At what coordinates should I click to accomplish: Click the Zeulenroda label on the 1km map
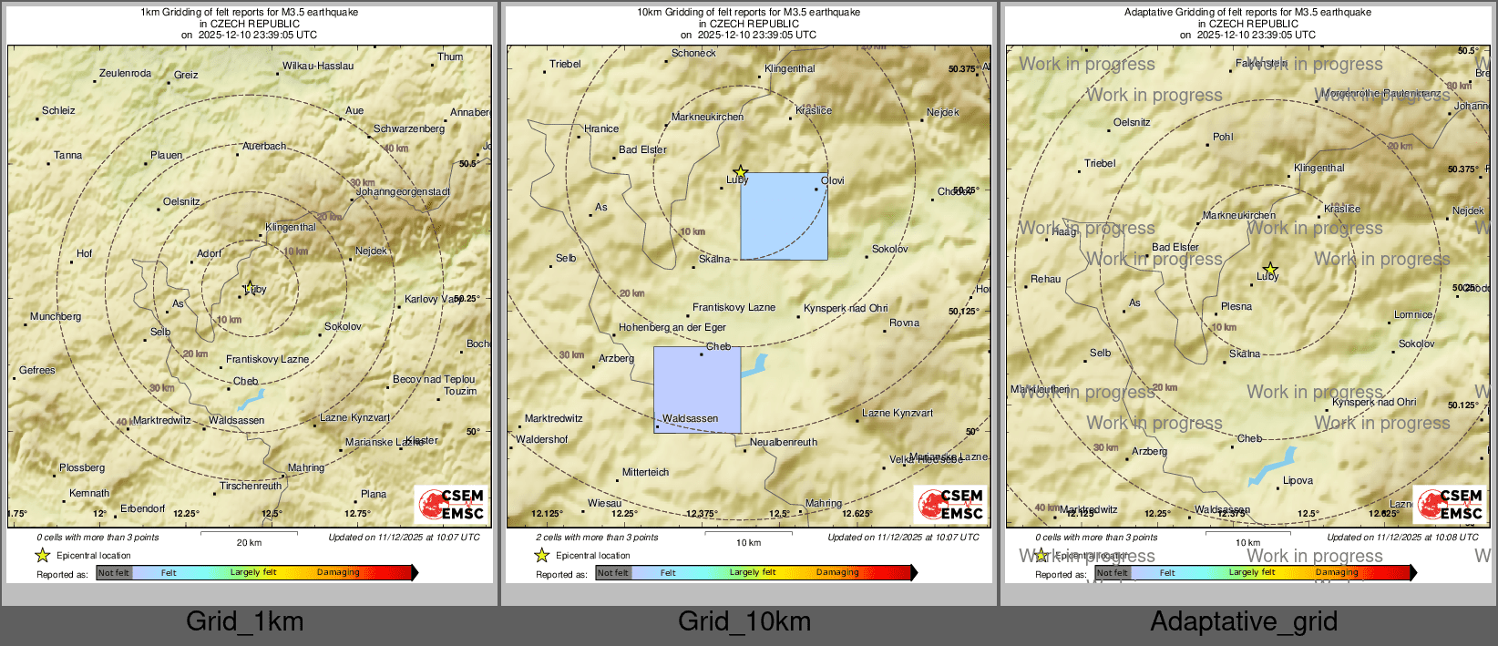(125, 73)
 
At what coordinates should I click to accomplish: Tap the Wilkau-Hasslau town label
(317, 66)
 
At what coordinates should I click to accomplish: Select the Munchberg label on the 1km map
(56, 316)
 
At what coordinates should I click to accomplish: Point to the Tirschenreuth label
(251, 486)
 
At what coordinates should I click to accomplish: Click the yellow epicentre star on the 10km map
(741, 171)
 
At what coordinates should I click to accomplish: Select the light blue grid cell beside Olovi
(784, 216)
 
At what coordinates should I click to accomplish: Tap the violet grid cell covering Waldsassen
(697, 389)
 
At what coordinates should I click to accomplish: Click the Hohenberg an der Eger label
(672, 327)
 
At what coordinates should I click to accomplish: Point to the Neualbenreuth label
(784, 442)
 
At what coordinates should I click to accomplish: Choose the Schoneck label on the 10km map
(693, 53)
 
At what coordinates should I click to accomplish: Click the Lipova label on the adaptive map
(1298, 480)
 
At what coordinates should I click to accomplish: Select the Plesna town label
(1236, 306)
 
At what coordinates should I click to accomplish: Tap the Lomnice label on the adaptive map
(1413, 314)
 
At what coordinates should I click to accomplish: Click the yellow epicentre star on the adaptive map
(1270, 269)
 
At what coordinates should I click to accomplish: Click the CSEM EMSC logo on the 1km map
(451, 504)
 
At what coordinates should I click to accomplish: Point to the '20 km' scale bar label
(249, 542)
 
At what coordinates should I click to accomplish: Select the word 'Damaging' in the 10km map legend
(837, 572)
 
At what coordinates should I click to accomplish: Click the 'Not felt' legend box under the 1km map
(114, 572)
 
